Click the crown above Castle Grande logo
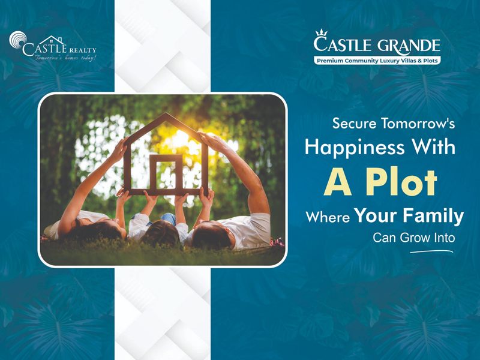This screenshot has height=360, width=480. coord(322,32)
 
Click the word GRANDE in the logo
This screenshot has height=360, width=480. coord(409,46)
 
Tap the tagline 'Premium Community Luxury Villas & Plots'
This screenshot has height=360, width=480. coord(377,61)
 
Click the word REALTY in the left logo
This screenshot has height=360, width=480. coord(83,50)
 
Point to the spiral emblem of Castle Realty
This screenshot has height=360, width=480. coord(18,40)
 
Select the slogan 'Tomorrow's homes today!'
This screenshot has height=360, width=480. coord(65,58)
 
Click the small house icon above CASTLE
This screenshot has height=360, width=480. coord(52,40)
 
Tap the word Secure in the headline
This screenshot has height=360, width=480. coord(354,124)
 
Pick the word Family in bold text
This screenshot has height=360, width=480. coord(433,216)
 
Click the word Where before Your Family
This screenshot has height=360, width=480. coord(328,217)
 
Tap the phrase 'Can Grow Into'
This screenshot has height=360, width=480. coord(413,238)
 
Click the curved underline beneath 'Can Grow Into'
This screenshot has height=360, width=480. coord(431,251)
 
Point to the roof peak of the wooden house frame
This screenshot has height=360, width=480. coord(167,115)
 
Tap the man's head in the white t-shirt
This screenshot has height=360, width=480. coord(212,235)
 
